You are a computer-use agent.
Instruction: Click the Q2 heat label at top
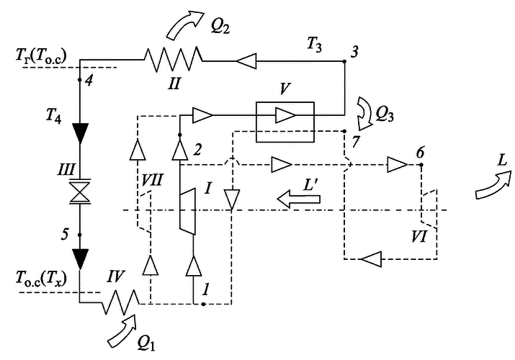point(220,27)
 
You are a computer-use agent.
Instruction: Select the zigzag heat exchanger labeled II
point(173,59)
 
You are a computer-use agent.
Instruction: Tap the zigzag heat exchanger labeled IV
point(121,302)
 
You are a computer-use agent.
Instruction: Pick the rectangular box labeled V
point(285,122)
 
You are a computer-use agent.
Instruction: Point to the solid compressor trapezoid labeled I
point(187,212)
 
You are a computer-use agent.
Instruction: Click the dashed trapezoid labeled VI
point(429,209)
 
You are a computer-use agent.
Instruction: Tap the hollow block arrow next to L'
point(298,199)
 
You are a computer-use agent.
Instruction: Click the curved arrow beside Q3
point(365,114)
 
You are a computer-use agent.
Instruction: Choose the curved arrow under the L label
point(493,185)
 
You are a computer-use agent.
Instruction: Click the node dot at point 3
point(344,61)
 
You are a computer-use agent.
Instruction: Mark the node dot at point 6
point(421,164)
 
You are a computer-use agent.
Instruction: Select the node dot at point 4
point(80,80)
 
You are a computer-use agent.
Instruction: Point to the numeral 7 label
point(355,142)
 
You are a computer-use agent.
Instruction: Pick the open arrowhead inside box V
point(285,115)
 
